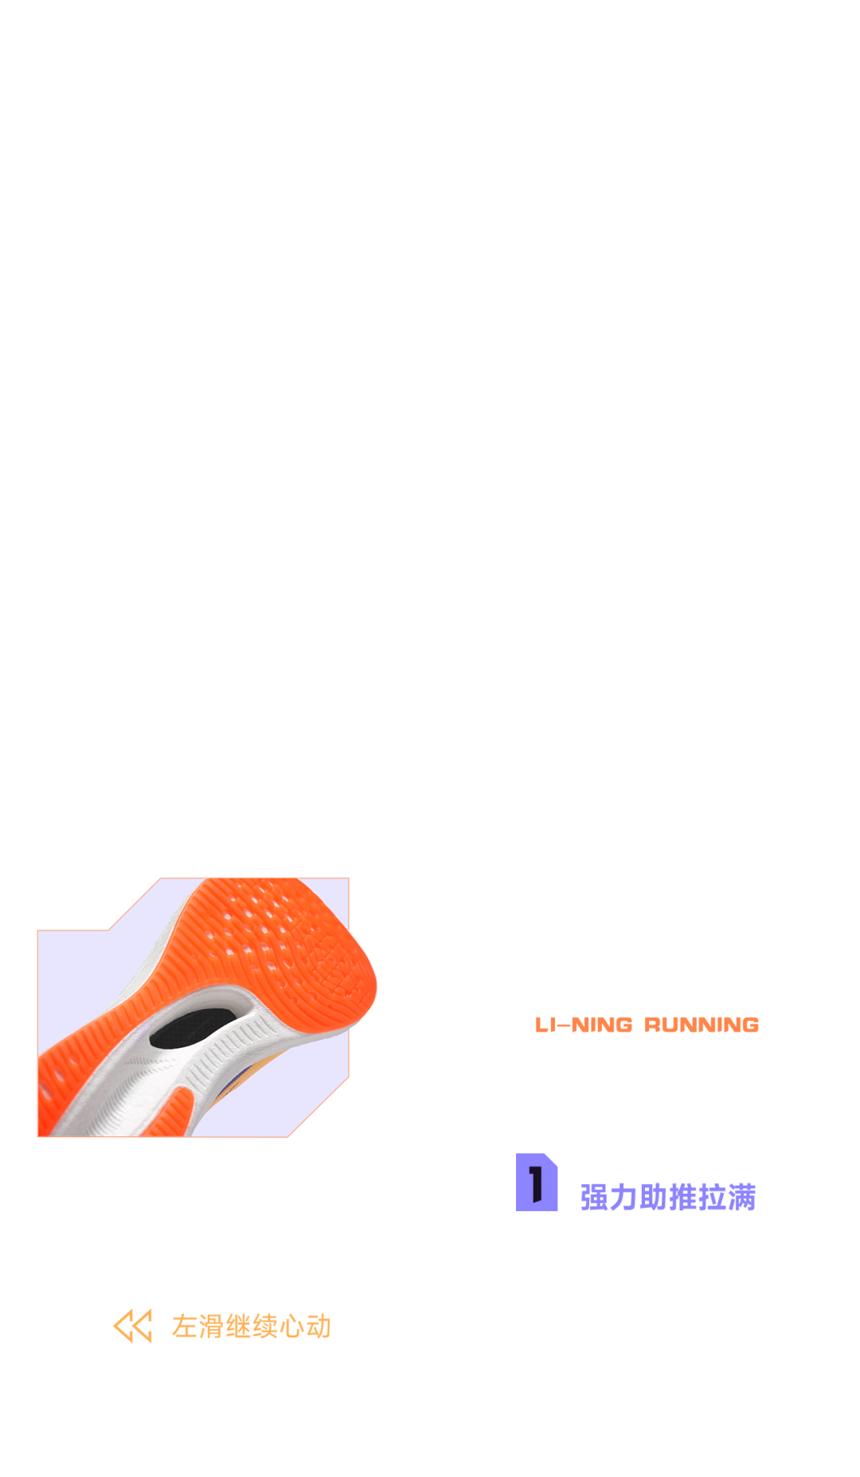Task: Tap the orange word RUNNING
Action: coord(702,1025)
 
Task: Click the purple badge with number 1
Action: coord(537,1183)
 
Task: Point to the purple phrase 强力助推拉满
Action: coord(667,1198)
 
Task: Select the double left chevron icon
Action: coord(132,1326)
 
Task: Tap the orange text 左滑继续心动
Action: coord(251,1327)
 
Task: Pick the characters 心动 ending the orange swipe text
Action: coord(305,1327)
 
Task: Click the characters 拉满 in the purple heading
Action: coord(726,1198)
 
